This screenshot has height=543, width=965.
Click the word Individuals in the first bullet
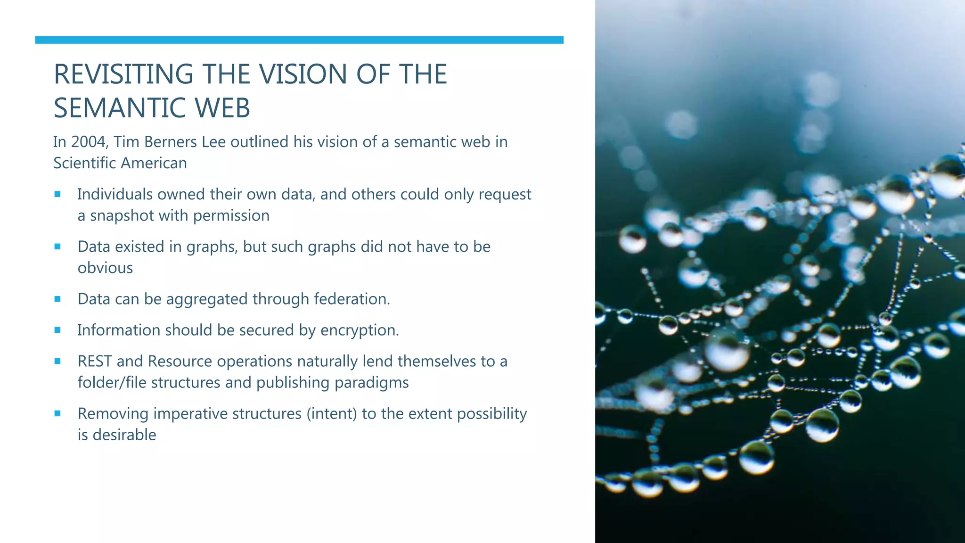(x=114, y=194)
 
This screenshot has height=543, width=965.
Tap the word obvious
(x=105, y=268)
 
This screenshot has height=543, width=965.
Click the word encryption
(x=360, y=330)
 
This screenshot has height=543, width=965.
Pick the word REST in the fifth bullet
(x=95, y=362)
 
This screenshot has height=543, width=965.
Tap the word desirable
(x=124, y=435)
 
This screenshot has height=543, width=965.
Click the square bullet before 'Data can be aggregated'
(x=57, y=299)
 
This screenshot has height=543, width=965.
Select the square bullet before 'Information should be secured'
(x=57, y=330)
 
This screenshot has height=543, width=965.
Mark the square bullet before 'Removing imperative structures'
(x=57, y=413)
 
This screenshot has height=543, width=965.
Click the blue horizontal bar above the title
(x=299, y=40)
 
